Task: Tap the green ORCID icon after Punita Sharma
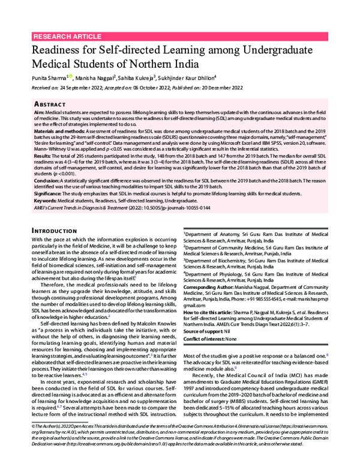pyautogui.click(x=70, y=76)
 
